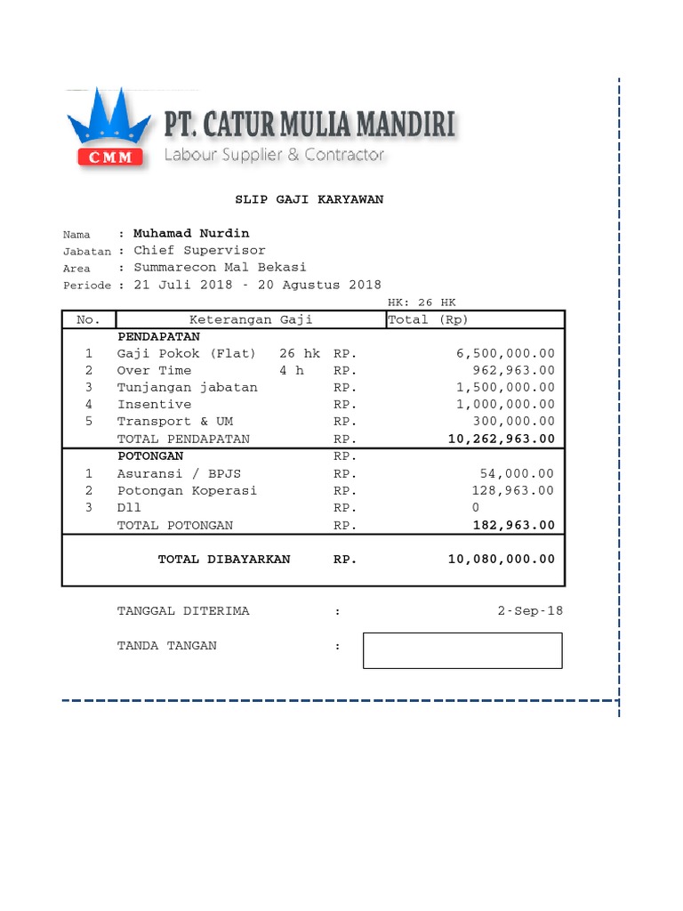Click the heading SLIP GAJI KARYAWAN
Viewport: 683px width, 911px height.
pos(309,199)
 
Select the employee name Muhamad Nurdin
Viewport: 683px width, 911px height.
pos(191,233)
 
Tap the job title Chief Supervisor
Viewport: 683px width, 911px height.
pos(199,250)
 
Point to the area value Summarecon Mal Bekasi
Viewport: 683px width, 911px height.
pos(220,267)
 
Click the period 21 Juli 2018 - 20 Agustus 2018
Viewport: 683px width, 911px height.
pos(257,285)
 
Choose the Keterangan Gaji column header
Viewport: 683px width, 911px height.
pos(251,319)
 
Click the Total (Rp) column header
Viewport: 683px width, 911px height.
pos(428,319)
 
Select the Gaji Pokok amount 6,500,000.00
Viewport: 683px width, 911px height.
pos(505,353)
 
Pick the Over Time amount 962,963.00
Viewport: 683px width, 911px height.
pos(513,370)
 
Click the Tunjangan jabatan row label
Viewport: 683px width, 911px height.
pos(187,387)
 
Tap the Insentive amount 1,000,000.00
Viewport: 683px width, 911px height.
pos(505,404)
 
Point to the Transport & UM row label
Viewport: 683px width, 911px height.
pos(174,421)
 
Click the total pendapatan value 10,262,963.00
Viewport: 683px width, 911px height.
pos(501,439)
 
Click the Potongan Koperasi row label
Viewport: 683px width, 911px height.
pos(187,490)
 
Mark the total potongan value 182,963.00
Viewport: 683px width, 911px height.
pos(513,525)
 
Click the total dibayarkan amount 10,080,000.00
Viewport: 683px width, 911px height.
pos(501,559)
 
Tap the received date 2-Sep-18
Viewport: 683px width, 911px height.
pos(530,610)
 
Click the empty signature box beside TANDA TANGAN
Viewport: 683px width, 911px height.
pos(462,649)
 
